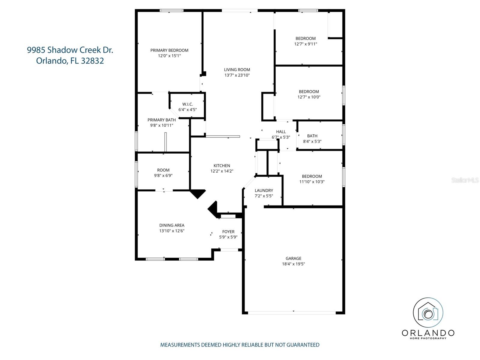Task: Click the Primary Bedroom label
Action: click(x=169, y=50)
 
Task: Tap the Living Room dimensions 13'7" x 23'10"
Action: click(x=237, y=75)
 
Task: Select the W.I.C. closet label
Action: click(x=187, y=104)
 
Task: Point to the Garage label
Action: click(x=293, y=258)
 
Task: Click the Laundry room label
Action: click(x=264, y=190)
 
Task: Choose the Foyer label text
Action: click(x=228, y=232)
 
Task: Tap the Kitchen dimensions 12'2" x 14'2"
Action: click(x=222, y=171)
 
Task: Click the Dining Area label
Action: click(x=172, y=225)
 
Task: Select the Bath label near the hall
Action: click(x=312, y=136)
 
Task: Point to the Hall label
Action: click(x=281, y=132)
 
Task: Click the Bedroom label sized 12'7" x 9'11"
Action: click(x=305, y=38)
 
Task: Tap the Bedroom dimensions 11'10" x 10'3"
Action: click(x=312, y=182)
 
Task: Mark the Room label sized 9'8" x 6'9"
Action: click(x=163, y=170)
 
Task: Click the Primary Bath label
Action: click(x=161, y=120)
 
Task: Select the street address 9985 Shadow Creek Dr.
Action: click(x=70, y=50)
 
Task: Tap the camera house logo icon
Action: click(x=428, y=313)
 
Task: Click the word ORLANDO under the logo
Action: click(x=428, y=333)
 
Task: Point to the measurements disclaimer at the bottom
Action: click(x=240, y=345)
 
